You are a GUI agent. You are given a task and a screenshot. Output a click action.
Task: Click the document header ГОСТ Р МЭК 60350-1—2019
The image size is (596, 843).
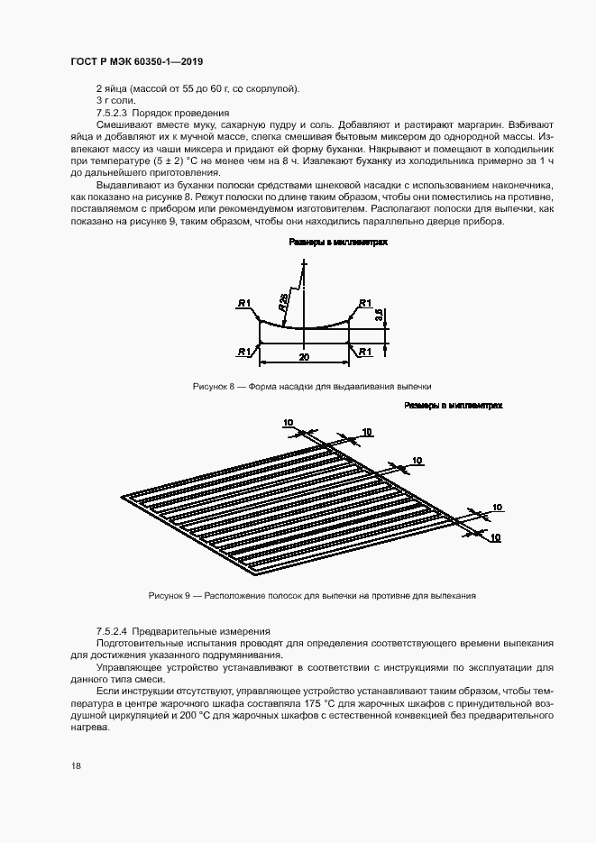pos(137,61)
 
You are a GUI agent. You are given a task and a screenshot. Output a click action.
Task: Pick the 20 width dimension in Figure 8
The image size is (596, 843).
pos(305,357)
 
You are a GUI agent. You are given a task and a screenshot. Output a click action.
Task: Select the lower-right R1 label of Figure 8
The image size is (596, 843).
pos(365,352)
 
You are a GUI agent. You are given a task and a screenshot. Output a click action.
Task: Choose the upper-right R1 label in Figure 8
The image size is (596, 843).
pos(365,303)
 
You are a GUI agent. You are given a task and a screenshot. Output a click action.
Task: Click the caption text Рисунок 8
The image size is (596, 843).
pos(214,386)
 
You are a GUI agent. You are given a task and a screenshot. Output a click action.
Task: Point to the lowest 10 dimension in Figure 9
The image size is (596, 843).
pos(495,537)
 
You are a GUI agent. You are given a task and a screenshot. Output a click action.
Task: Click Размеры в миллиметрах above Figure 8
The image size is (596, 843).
pos(337,243)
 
